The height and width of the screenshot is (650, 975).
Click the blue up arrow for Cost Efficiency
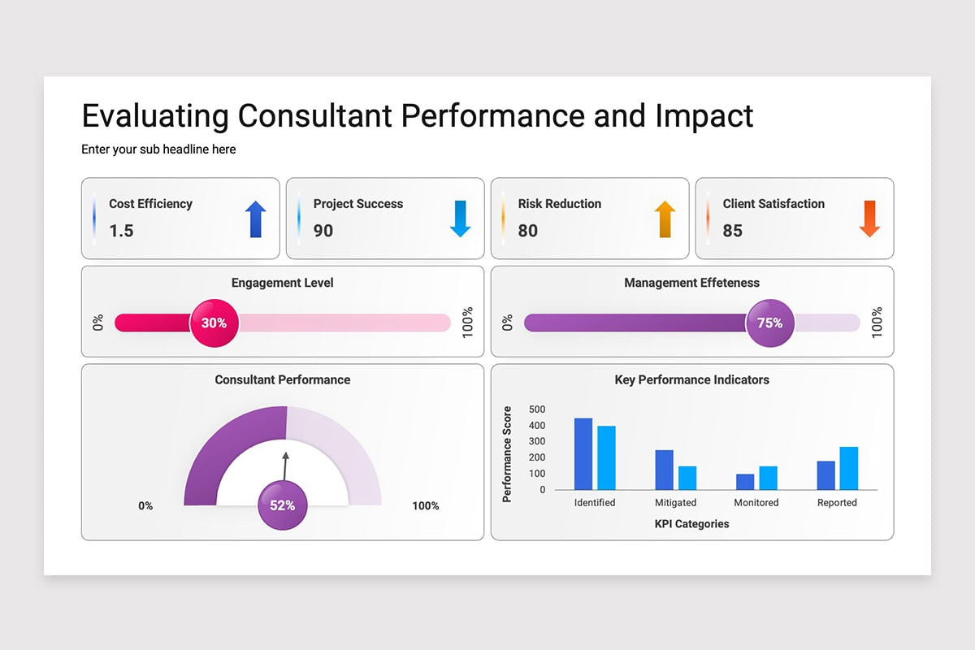(255, 219)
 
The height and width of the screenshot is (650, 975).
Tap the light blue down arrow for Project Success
(460, 219)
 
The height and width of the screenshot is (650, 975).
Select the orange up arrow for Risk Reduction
(665, 219)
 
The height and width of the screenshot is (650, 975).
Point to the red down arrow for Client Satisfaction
(869, 219)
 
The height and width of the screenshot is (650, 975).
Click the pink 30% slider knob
(214, 323)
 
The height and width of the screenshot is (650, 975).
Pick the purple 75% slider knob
(770, 323)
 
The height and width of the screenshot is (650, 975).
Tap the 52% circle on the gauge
(283, 505)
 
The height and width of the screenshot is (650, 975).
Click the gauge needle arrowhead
(285, 455)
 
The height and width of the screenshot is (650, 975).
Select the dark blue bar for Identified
(583, 454)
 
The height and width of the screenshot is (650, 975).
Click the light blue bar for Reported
(849, 469)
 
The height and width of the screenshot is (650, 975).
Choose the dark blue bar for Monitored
(745, 482)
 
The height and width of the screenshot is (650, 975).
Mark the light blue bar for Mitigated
(687, 478)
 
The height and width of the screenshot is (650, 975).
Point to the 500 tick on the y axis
(537, 409)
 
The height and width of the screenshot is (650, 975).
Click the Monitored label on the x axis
(756, 502)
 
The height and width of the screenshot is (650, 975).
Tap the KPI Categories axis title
(691, 524)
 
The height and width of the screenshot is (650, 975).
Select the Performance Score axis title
(507, 454)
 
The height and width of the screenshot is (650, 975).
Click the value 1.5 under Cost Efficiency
(121, 231)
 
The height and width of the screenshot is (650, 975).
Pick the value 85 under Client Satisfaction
(733, 231)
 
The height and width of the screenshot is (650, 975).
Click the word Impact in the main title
(704, 117)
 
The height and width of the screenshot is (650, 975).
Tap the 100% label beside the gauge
(426, 506)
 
